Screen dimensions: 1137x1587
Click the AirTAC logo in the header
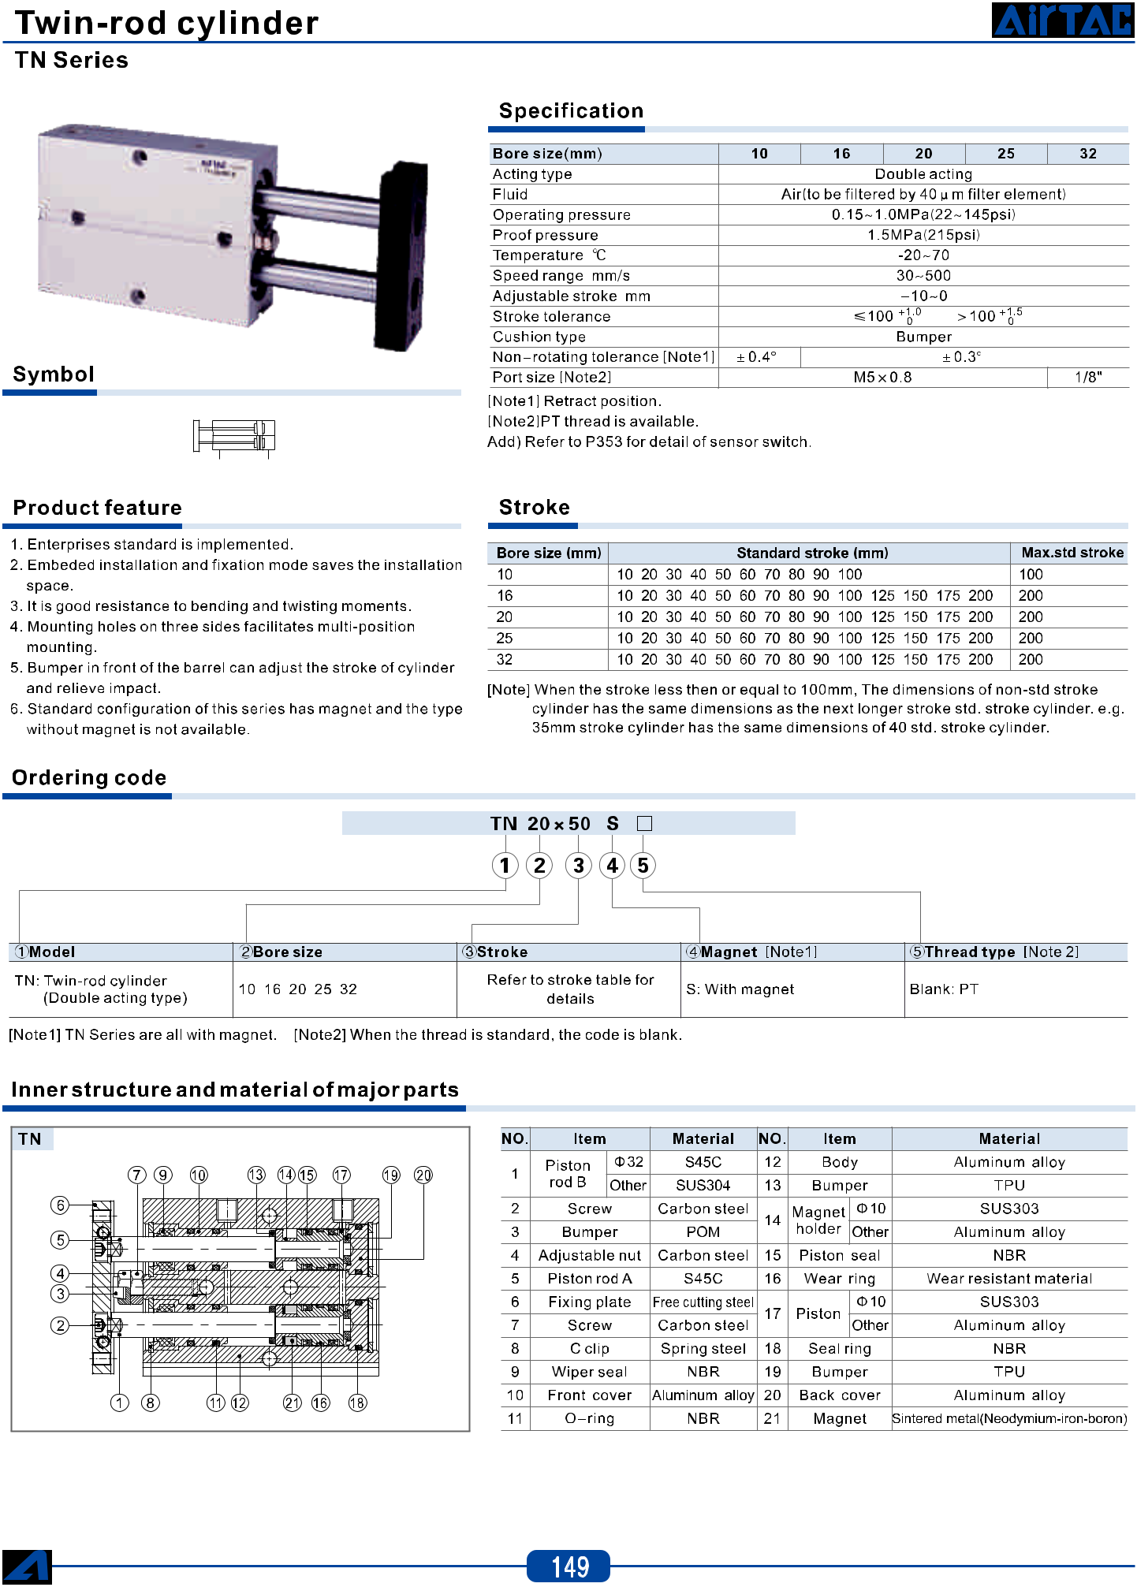[x=1063, y=20]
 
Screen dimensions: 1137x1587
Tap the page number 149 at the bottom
[x=568, y=1566]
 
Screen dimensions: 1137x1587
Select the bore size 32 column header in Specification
[x=1088, y=154]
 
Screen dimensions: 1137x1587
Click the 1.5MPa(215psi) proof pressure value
[x=923, y=235]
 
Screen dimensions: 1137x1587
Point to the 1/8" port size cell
[x=1088, y=378]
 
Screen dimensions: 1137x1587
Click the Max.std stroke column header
[x=1072, y=553]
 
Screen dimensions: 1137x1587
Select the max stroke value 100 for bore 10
[x=1031, y=575]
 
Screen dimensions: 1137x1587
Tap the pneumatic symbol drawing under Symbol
[x=234, y=436]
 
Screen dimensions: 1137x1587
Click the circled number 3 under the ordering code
[x=579, y=866]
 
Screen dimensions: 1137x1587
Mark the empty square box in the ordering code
[x=644, y=824]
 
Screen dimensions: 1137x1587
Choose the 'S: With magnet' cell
[x=740, y=989]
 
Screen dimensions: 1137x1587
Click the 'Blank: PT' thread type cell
[x=944, y=989]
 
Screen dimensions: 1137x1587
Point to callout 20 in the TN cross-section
[x=423, y=1175]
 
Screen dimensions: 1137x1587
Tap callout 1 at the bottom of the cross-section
[x=120, y=1403]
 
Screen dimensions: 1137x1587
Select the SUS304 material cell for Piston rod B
[x=703, y=1186]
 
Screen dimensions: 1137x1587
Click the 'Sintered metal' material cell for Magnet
[x=1009, y=1419]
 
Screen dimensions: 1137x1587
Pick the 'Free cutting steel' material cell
[x=703, y=1302]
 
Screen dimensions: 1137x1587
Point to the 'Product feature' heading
[x=98, y=508]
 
